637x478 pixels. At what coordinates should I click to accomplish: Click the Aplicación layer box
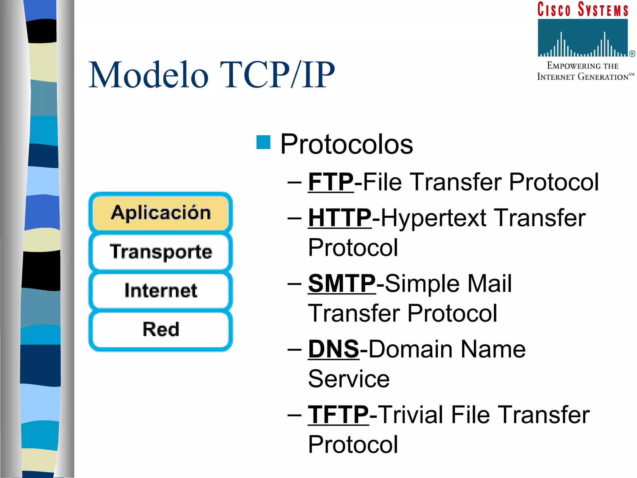click(160, 213)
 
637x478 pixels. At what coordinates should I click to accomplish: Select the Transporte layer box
click(160, 251)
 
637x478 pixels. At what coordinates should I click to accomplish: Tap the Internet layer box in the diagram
click(160, 290)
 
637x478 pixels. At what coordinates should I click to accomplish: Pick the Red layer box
click(160, 329)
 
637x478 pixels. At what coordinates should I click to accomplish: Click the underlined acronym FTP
click(331, 182)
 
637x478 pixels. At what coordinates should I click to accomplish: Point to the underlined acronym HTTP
click(340, 218)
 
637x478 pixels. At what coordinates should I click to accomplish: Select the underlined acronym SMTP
click(342, 284)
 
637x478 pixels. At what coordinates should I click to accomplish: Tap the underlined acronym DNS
click(333, 349)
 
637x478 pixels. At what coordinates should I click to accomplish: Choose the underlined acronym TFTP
click(338, 415)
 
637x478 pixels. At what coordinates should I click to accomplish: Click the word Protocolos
click(346, 144)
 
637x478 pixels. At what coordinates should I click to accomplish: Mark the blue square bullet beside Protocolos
click(263, 143)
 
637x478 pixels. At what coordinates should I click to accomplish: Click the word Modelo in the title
click(148, 75)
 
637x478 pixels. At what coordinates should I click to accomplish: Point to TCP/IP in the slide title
click(277, 75)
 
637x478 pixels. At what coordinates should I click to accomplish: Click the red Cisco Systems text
click(583, 9)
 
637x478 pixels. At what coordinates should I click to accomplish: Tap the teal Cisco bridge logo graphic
click(583, 38)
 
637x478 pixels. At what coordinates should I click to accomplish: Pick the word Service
click(349, 379)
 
